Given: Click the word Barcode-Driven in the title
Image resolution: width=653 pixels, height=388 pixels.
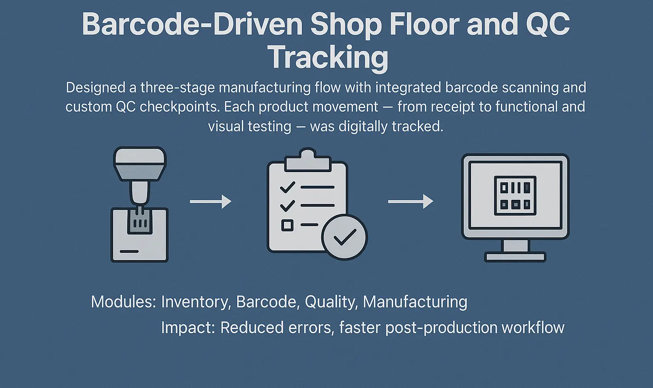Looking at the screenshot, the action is tap(192, 25).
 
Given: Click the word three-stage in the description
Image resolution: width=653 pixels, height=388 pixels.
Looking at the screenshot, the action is tap(178, 88).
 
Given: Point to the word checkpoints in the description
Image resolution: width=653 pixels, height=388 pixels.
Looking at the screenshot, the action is tap(179, 107).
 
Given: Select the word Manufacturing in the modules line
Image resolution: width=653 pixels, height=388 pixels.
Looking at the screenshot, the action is tap(415, 302).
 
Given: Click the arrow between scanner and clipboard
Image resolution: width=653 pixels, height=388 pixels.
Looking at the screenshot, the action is tap(210, 201).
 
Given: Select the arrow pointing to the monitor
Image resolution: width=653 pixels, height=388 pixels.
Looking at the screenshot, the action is tap(410, 201).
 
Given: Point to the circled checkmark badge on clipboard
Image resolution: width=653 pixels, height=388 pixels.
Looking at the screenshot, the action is tap(344, 237).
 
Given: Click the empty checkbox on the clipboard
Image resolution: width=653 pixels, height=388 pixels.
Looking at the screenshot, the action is tap(287, 225).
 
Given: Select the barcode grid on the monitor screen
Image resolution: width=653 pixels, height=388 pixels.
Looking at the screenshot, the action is tap(515, 195).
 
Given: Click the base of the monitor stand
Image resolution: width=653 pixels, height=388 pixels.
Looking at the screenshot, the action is tap(515, 257).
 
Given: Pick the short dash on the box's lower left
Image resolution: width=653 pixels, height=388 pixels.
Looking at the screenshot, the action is tap(129, 251).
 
